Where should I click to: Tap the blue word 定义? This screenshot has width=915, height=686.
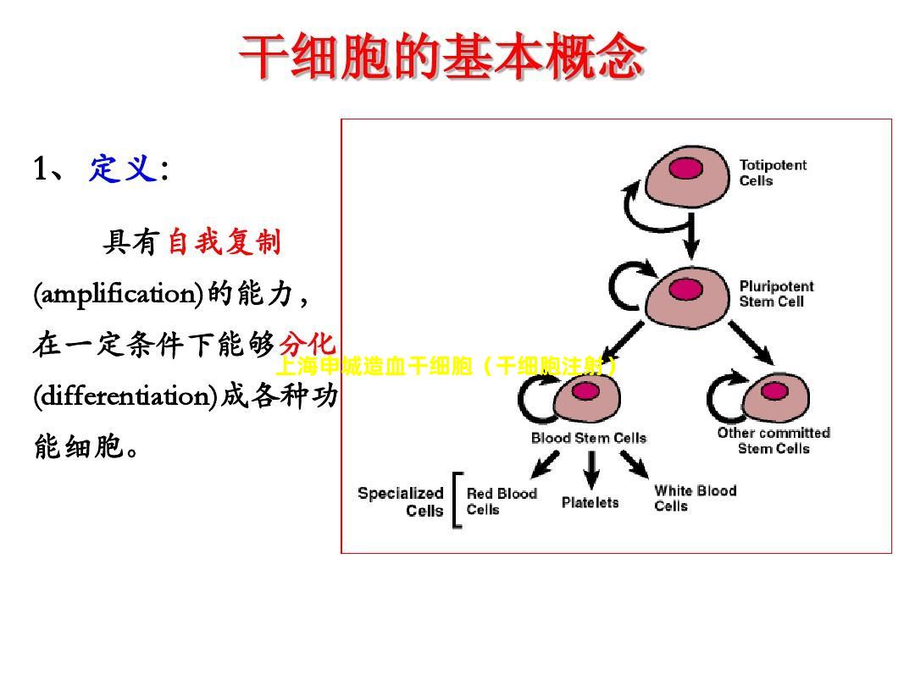pyautogui.click(x=123, y=169)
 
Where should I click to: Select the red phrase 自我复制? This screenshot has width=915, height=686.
pyautogui.click(x=224, y=243)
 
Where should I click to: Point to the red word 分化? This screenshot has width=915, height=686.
pyautogui.click(x=308, y=345)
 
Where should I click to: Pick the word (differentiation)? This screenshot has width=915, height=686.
pyautogui.click(x=126, y=396)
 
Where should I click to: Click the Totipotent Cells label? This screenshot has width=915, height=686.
pyautogui.click(x=773, y=173)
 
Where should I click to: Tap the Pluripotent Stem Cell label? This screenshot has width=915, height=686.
pyautogui.click(x=776, y=293)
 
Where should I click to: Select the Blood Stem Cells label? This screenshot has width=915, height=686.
pyautogui.click(x=588, y=438)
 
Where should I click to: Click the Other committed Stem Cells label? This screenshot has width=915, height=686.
pyautogui.click(x=774, y=440)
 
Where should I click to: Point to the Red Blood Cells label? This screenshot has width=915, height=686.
pyautogui.click(x=501, y=501)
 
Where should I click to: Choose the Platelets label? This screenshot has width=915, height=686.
pyautogui.click(x=590, y=502)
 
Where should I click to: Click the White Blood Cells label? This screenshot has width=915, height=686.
pyautogui.click(x=695, y=498)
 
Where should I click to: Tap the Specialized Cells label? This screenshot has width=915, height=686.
pyautogui.click(x=401, y=501)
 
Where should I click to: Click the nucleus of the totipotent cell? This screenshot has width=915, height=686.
pyautogui.click(x=686, y=169)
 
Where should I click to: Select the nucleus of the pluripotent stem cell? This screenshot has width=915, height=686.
pyautogui.click(x=685, y=290)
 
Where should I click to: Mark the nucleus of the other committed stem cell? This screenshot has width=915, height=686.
pyautogui.click(x=774, y=391)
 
